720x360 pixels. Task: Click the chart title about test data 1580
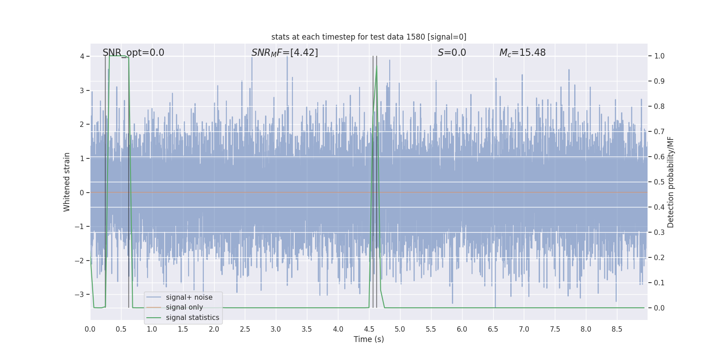coord(369,37)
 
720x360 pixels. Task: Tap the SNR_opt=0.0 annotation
coord(133,53)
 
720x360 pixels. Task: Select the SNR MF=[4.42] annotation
coord(284,53)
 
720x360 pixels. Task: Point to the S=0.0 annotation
coord(452,53)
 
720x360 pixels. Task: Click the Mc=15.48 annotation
coord(522,53)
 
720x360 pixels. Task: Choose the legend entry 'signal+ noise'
coord(189,297)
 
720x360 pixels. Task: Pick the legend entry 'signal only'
coord(184,307)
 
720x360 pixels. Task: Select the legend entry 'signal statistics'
coord(192,318)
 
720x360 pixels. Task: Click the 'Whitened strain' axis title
coord(67,182)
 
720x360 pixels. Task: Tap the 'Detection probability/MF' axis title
coord(670,182)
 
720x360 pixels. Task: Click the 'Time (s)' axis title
coord(369,339)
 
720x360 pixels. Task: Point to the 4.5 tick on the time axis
coord(369,329)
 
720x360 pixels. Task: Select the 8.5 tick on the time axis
coord(617,329)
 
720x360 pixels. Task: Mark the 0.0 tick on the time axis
coord(90,329)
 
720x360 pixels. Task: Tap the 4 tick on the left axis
coord(82,56)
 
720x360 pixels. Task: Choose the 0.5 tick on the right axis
coord(659,182)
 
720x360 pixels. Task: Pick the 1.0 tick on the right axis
coord(659,56)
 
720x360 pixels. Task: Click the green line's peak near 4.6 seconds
coord(377,67)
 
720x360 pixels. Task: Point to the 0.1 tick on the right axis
coord(659,283)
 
